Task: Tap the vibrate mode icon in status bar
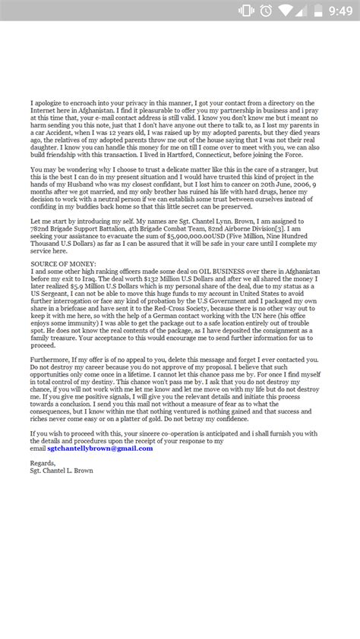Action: coord(246,11)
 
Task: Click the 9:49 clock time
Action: coord(335,11)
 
